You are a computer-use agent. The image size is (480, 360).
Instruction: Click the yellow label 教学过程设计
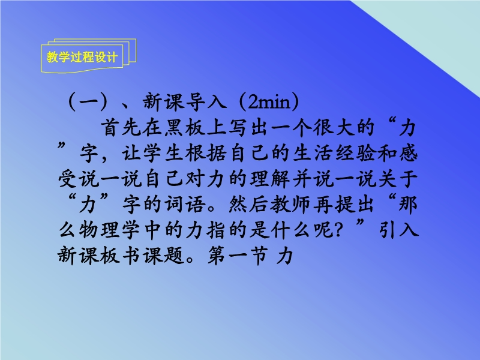(x=82, y=57)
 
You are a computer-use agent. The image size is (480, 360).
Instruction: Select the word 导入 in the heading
(x=206, y=101)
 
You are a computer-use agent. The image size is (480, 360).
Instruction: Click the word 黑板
(x=184, y=128)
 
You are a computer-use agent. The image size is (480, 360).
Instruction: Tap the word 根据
(x=206, y=153)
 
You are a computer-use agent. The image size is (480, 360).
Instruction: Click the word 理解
(x=269, y=179)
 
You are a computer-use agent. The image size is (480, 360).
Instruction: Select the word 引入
(x=398, y=230)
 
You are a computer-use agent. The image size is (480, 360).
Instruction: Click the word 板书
(x=121, y=255)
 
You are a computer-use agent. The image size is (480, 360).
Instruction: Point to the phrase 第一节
(x=238, y=255)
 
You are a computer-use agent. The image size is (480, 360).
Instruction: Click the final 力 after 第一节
(x=284, y=255)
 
